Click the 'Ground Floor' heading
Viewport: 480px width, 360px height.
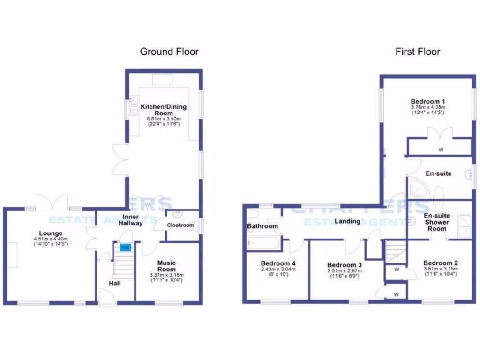[x=169, y=52]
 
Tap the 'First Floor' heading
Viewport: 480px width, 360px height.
[x=418, y=52]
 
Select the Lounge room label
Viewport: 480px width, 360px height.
[x=51, y=233]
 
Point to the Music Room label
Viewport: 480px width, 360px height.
[x=166, y=266]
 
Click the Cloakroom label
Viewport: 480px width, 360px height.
[x=180, y=225]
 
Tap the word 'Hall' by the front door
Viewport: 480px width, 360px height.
[x=115, y=284]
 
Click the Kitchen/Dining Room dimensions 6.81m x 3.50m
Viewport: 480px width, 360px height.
[x=164, y=119]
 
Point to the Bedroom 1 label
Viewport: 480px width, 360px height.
[x=427, y=101]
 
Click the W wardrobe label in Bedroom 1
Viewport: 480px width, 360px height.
[x=441, y=150]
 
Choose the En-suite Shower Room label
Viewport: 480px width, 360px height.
[x=436, y=222]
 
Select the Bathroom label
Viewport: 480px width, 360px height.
[x=262, y=226]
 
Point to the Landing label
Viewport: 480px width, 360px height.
[x=347, y=221]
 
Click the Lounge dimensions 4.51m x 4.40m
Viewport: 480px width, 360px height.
[x=51, y=240]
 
